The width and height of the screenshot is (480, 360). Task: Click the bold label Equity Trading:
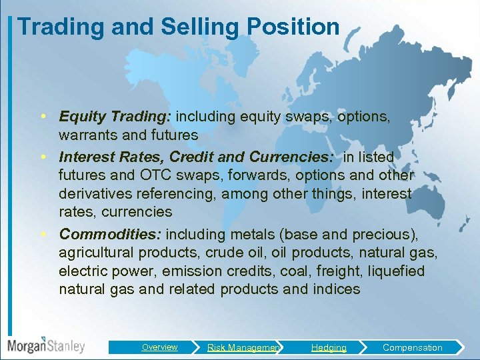pos(115,117)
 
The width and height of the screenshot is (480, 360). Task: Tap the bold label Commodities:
pos(111,234)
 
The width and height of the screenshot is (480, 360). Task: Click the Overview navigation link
pos(159,347)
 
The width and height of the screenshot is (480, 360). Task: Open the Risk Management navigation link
pos(243,347)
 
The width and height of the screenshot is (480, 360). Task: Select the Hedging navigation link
pos(329,347)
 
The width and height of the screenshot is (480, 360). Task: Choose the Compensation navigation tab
pos(412,347)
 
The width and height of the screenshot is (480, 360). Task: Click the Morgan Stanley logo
pos(46,346)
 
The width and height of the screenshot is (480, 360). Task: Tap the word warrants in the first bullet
pos(87,135)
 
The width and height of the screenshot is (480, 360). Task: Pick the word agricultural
pos(97,253)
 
